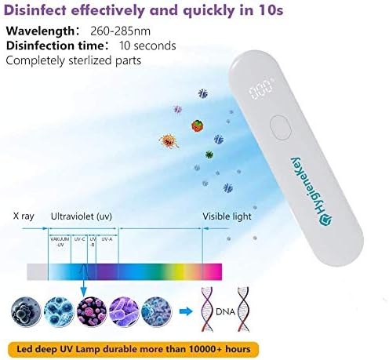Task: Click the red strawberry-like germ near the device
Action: tap(197, 123)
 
